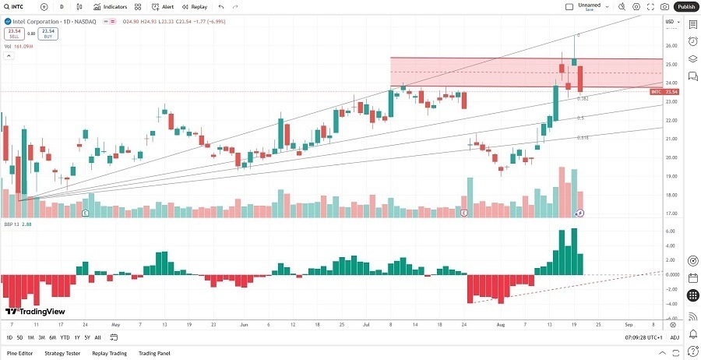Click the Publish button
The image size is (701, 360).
coord(685,6)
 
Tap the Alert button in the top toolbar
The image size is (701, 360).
coord(164,6)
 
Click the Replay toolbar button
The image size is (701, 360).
coord(195,6)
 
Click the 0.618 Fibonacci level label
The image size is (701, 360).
coord(583,138)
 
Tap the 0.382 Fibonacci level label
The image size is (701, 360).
coord(582,99)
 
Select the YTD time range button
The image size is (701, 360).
coord(64,337)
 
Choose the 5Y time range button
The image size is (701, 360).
coord(87,337)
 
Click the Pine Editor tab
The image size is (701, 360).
coord(19,353)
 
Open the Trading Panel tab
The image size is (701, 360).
coord(153,353)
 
